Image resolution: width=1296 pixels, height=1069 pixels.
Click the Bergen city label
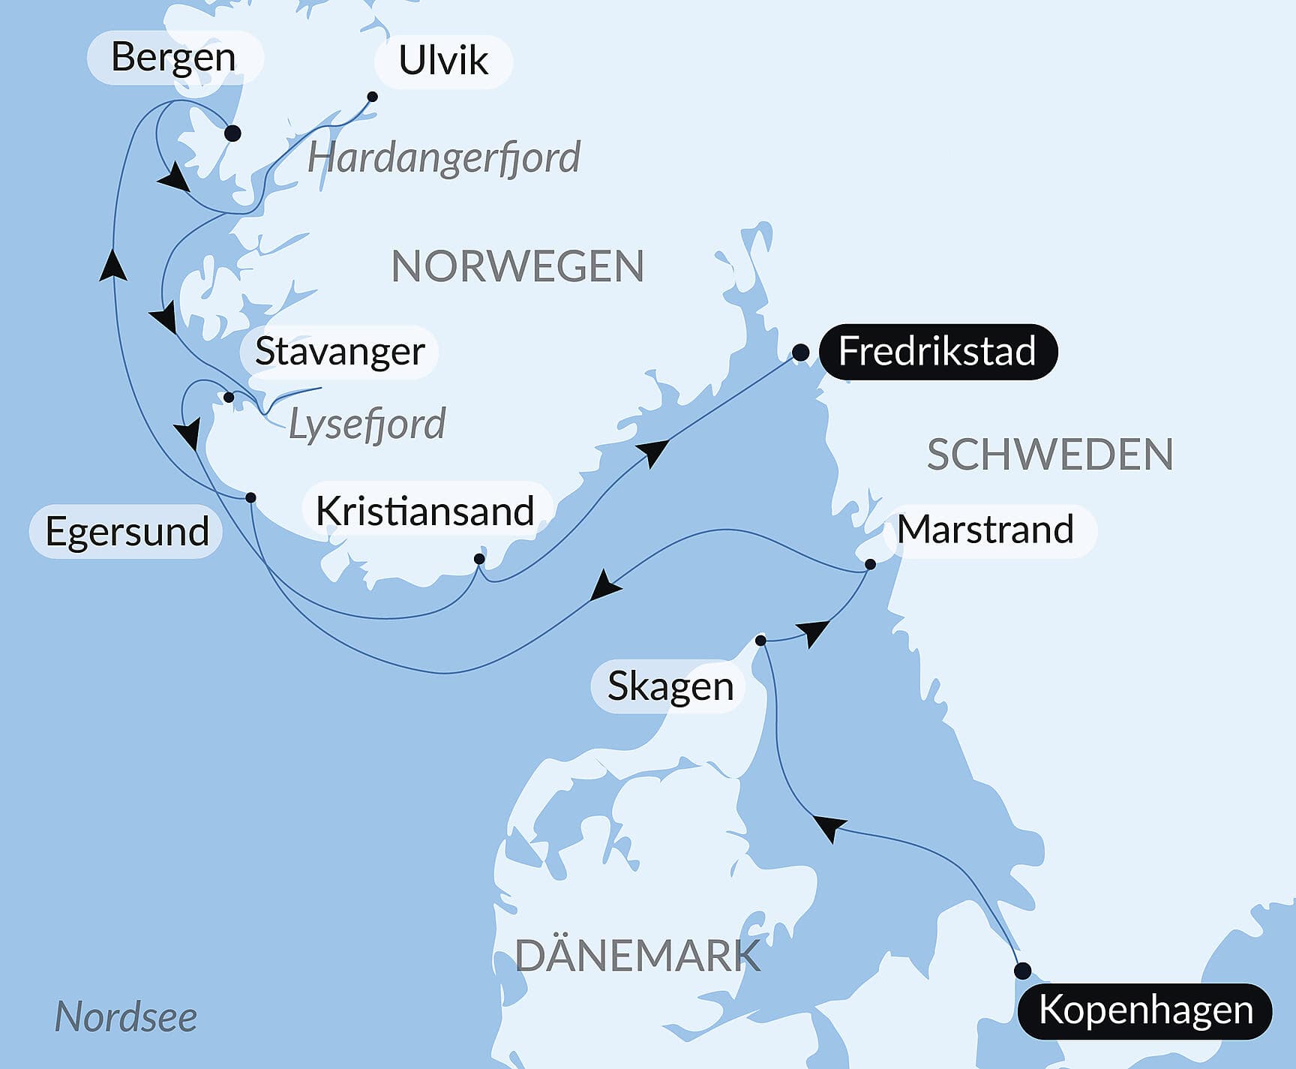pyautogui.click(x=173, y=58)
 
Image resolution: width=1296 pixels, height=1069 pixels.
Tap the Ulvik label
pyautogui.click(x=442, y=61)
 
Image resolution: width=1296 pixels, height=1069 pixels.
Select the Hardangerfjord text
pyautogui.click(x=443, y=158)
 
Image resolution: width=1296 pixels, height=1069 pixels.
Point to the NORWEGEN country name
pyautogui.click(x=517, y=266)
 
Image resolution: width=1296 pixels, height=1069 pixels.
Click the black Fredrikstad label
pyautogui.click(x=937, y=351)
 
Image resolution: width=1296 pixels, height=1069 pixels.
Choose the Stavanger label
pyautogui.click(x=340, y=352)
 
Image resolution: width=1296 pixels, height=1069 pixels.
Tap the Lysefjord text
pyautogui.click(x=367, y=425)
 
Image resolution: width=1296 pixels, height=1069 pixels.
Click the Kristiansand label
pyautogui.click(x=425, y=512)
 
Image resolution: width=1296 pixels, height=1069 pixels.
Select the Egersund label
pyautogui.click(x=127, y=532)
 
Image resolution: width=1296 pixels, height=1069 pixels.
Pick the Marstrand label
pyautogui.click(x=985, y=530)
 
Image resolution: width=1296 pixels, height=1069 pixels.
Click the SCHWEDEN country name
pyautogui.click(x=1050, y=455)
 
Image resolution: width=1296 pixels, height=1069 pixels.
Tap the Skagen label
pyautogui.click(x=670, y=686)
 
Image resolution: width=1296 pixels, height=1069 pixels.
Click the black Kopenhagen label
pyautogui.click(x=1145, y=1010)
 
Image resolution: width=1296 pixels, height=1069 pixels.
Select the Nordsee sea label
pyautogui.click(x=126, y=1017)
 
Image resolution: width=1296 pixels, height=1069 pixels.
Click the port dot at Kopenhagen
pyautogui.click(x=1022, y=971)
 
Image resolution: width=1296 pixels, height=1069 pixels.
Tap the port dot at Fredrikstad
pyautogui.click(x=800, y=352)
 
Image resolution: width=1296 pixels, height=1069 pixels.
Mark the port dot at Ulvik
pyautogui.click(x=372, y=97)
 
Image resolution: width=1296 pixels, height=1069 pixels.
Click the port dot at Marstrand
pyautogui.click(x=870, y=564)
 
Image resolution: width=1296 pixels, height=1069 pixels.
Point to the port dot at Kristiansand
pyautogui.click(x=479, y=559)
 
